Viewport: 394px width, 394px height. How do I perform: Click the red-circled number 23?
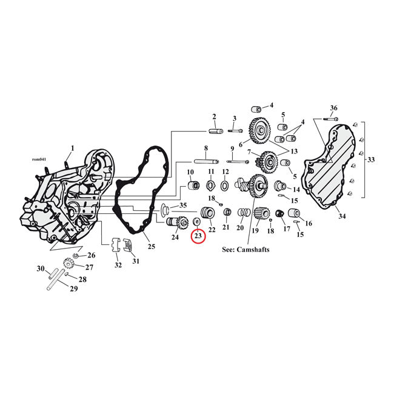click(198, 236)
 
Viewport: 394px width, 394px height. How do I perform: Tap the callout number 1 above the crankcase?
click(72, 148)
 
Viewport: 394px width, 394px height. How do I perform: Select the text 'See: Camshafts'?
click(246, 250)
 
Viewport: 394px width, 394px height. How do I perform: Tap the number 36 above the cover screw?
click(333, 108)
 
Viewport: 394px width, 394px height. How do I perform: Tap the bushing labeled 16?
click(295, 213)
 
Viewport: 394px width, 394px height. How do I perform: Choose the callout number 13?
click(295, 151)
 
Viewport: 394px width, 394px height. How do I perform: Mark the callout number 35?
click(182, 205)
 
